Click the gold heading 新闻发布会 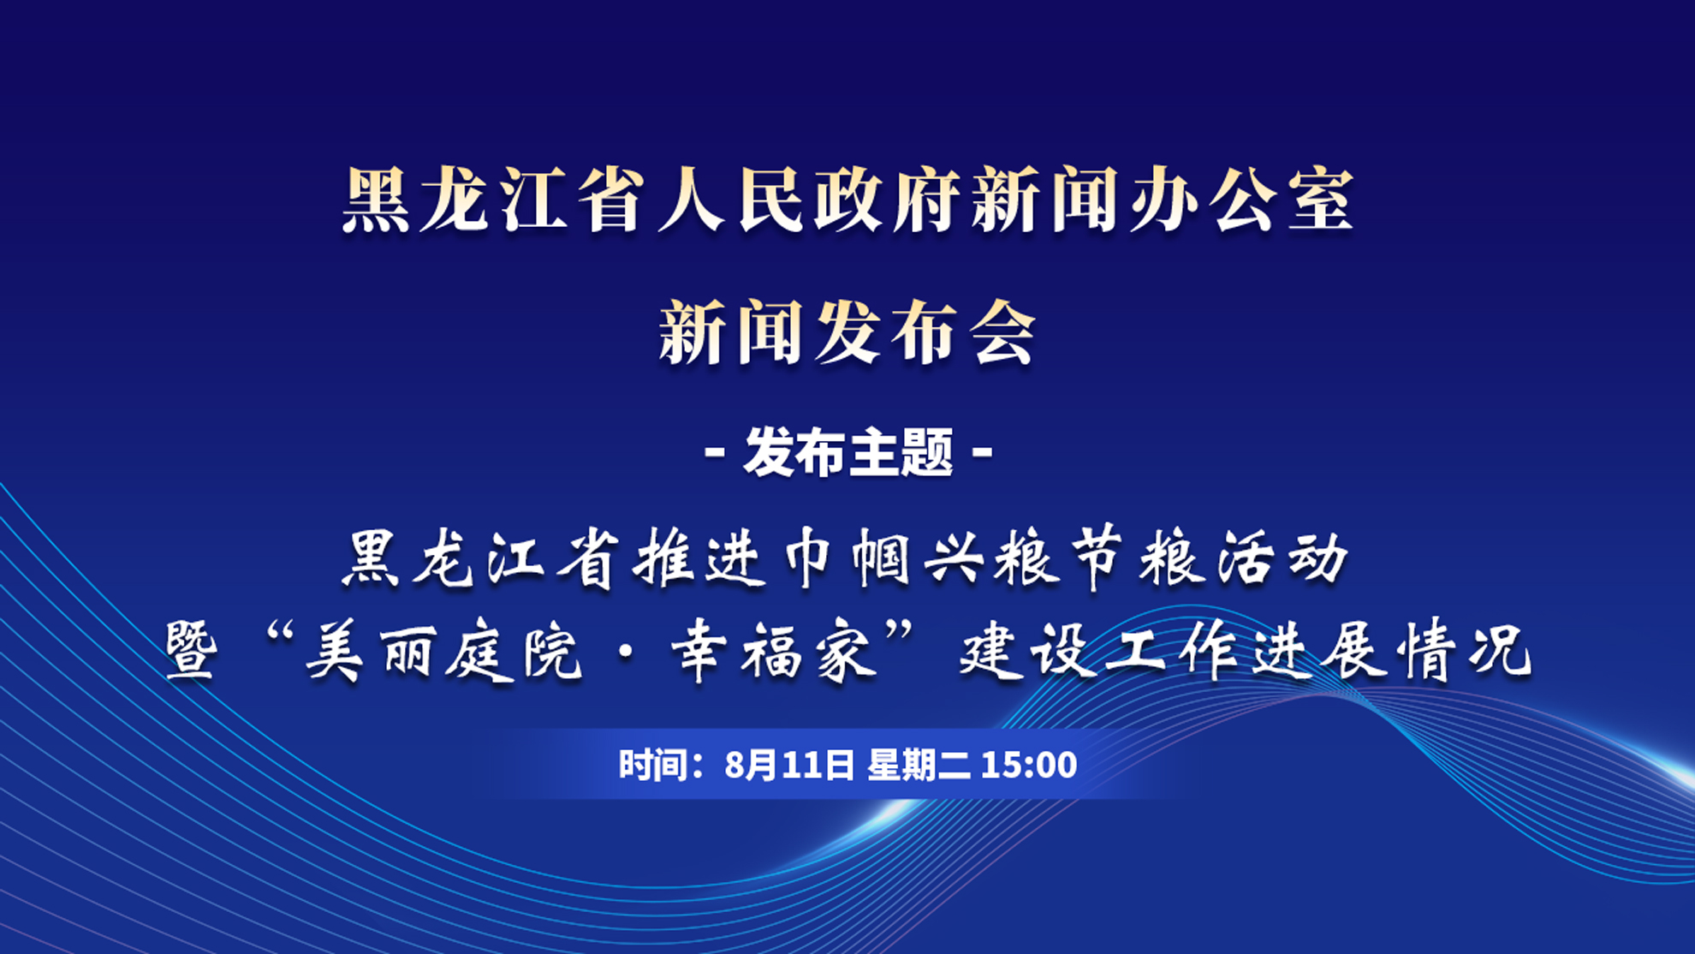(847, 332)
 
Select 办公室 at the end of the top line (1241, 200)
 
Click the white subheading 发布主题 (847, 451)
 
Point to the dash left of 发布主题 (715, 451)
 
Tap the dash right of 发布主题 (983, 451)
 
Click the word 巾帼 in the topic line (847, 558)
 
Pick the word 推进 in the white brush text (700, 558)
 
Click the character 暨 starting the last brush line (192, 651)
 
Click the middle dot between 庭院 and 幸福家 (627, 654)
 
